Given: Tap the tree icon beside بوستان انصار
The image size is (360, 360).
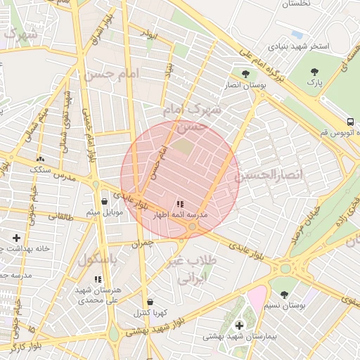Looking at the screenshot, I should [245, 75].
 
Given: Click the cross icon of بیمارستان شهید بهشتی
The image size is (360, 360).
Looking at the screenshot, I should [239, 325].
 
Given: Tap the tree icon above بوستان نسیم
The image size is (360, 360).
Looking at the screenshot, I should [284, 295].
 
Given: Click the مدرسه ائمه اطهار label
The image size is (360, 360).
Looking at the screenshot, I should [180, 214].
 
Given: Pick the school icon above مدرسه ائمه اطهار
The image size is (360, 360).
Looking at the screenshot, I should [180, 203].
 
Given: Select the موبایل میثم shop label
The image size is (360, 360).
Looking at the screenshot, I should [105, 212].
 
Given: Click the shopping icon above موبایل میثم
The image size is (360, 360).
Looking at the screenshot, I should [105, 200].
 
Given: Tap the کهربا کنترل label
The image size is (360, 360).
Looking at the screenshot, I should [149, 312].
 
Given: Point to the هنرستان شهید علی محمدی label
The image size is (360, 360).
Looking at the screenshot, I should [98, 295].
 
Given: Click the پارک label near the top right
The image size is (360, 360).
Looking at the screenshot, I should [315, 82].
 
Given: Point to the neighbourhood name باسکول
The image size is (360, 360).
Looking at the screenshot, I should [96, 259].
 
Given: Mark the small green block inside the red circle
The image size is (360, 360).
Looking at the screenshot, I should [182, 147].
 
